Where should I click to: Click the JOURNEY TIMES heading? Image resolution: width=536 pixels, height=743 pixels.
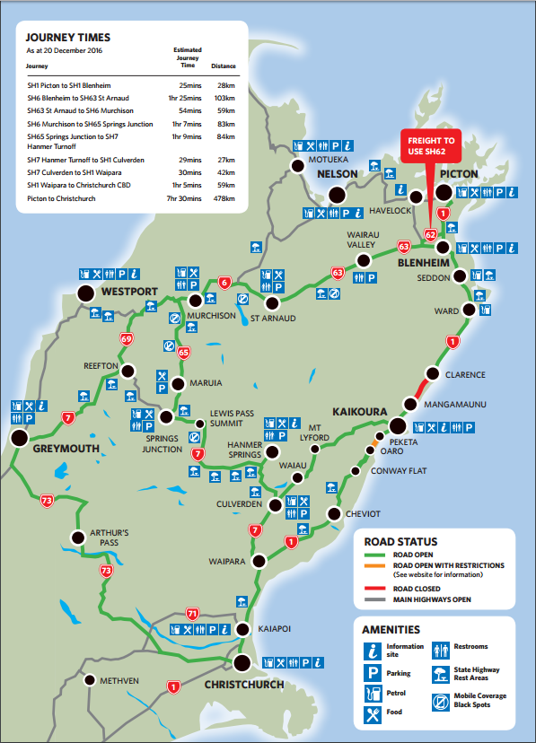[x=68, y=38]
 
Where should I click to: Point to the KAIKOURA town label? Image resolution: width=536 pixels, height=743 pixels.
[x=359, y=411]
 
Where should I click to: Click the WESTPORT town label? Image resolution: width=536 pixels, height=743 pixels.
[x=130, y=293]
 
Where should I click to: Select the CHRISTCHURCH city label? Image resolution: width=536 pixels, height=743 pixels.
[x=245, y=685]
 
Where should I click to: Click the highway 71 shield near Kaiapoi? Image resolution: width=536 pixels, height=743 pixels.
[x=190, y=614]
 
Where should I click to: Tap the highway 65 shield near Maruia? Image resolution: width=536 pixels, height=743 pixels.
[x=183, y=353]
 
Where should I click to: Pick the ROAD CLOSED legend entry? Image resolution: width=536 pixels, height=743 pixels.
[x=414, y=589]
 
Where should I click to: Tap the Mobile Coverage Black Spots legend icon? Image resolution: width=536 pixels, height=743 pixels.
[x=442, y=700]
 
